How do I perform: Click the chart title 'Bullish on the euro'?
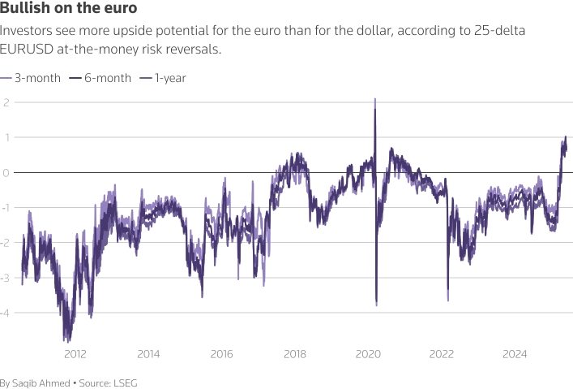pyautogui.click(x=69, y=10)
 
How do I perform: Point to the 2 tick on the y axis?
pyautogui.click(x=6, y=102)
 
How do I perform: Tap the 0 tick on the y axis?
pyautogui.click(x=6, y=172)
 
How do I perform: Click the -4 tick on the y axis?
pyautogui.click(x=6, y=313)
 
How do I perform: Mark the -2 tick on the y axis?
pyautogui.click(x=6, y=243)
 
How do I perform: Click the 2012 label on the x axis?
pyautogui.click(x=75, y=354)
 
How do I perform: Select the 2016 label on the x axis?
pyautogui.click(x=221, y=354)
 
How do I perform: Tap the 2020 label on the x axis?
pyautogui.click(x=368, y=354)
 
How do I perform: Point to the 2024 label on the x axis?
pyautogui.click(x=515, y=354)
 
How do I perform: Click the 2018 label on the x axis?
pyautogui.click(x=295, y=354)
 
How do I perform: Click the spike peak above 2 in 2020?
pyautogui.click(x=374, y=100)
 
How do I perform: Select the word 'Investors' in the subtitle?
pyautogui.click(x=26, y=32)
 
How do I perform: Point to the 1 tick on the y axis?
pyautogui.click(x=6, y=137)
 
